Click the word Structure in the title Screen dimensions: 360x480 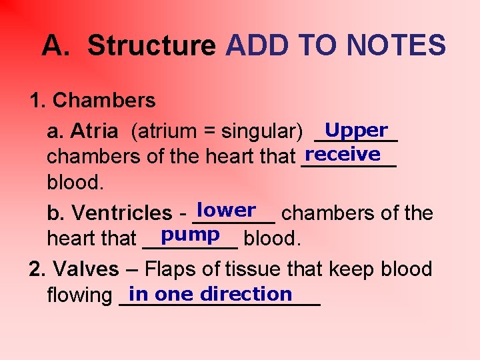tap(151, 46)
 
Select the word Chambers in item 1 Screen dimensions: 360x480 tap(103, 101)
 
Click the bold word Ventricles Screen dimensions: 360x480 tap(122, 213)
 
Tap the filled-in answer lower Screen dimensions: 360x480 tap(227, 211)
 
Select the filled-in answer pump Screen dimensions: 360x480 tap(191, 235)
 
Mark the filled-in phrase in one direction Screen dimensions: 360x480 tap(211, 294)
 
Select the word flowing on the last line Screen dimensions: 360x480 tap(79, 295)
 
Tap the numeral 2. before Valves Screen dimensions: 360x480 tap(37, 269)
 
